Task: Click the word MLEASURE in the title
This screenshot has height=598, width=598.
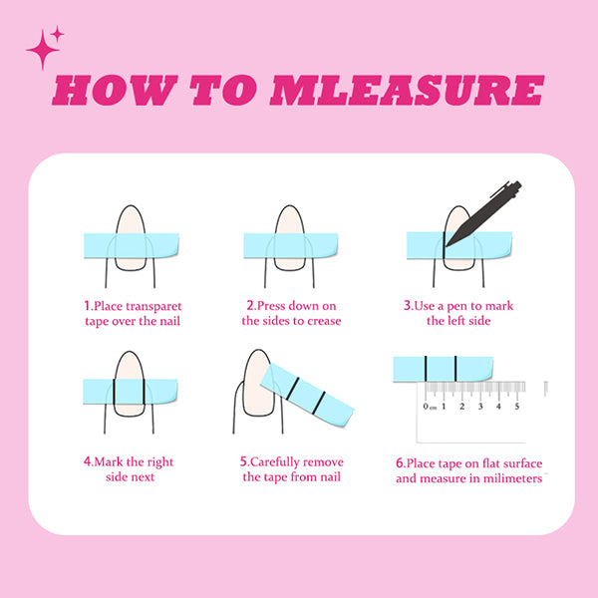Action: tap(407, 90)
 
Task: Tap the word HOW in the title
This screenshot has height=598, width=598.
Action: tap(115, 90)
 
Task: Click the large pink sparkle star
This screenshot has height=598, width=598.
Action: tap(43, 50)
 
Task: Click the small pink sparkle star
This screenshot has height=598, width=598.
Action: tap(57, 34)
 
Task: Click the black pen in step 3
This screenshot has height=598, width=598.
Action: tap(483, 213)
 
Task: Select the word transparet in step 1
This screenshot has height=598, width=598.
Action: tap(153, 307)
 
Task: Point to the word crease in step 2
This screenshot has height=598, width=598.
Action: tap(324, 321)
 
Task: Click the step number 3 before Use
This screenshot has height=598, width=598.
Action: tap(408, 306)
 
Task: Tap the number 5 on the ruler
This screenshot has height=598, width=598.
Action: tap(516, 407)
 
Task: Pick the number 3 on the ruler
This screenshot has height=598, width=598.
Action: tap(480, 407)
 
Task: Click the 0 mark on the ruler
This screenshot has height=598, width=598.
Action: tap(426, 407)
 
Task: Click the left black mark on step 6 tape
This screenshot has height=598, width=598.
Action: tap(426, 369)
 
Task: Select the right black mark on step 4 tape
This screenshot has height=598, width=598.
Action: tap(144, 392)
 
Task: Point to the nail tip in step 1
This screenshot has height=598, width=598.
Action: tap(131, 206)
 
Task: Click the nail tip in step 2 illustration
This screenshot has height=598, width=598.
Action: tap(290, 206)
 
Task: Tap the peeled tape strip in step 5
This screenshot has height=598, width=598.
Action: tap(307, 395)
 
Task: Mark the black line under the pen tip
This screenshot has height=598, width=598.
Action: tap(444, 245)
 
